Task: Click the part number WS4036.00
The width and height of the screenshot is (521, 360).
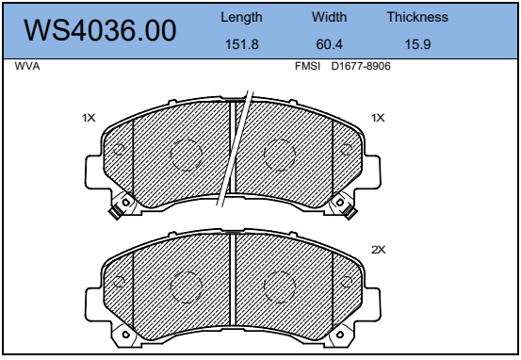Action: point(100,30)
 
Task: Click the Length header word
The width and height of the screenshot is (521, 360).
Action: point(241,17)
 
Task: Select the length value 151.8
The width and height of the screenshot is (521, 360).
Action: point(242,44)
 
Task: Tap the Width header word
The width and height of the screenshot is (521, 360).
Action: point(330,17)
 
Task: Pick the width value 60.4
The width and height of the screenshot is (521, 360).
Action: point(330,44)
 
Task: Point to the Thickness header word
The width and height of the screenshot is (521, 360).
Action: point(417,17)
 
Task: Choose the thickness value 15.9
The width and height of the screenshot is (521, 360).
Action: point(417,44)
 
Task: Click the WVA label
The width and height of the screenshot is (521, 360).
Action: point(27,66)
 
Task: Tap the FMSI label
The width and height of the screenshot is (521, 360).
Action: point(308,66)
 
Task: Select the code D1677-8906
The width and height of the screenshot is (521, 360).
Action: point(361,66)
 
